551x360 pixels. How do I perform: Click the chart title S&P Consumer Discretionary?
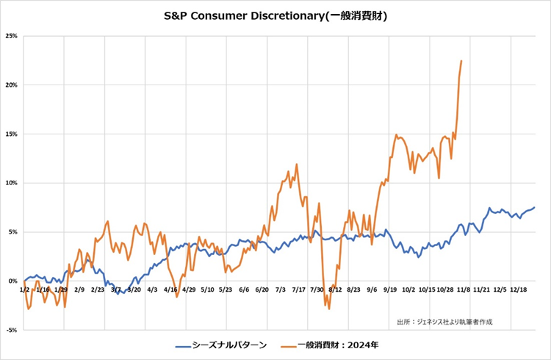tap(275, 15)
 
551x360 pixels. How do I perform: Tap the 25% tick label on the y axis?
tap(12, 36)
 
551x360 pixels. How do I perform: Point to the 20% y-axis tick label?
tap(12, 85)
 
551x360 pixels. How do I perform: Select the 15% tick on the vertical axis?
tap(12, 134)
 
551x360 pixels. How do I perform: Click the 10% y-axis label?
tap(12, 183)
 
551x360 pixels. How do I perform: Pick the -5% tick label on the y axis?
tap(12, 330)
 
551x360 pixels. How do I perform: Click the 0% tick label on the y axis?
tap(14, 281)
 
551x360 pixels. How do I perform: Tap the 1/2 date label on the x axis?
tap(26, 290)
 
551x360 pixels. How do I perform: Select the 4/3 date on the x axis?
tap(152, 290)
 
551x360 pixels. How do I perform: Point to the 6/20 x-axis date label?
tap(262, 290)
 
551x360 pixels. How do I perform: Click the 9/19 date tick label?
tap(390, 290)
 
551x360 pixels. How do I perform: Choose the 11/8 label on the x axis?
tap(464, 290)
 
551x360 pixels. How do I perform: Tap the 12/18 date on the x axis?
tap(519, 290)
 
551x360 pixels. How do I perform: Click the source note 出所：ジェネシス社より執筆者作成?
tap(444, 322)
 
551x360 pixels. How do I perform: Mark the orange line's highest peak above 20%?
tap(461, 61)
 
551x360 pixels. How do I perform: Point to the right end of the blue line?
tap(534, 207)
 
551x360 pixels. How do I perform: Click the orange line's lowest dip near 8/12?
tap(329, 309)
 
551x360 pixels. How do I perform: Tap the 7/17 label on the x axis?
tap(299, 290)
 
